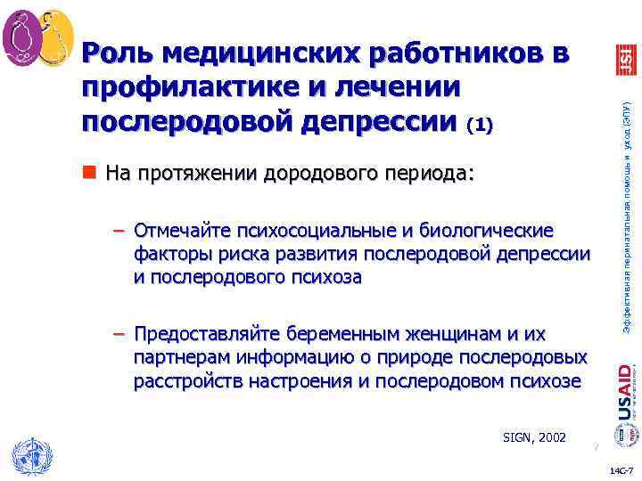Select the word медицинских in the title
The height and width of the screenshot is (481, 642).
pos(263,55)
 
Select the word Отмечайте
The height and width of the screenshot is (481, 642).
pos(182,232)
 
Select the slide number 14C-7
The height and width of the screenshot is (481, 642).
pos(621,469)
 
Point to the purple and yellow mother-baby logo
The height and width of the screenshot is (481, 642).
pos(38,38)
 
